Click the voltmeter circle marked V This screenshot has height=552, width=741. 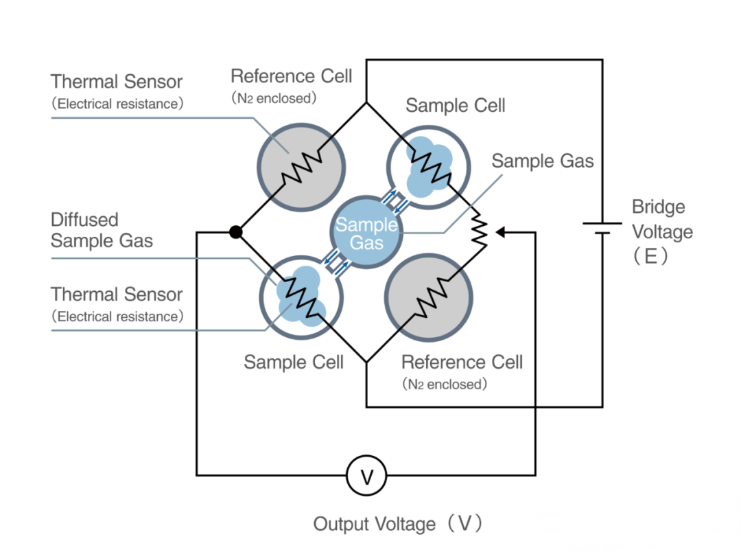[x=366, y=475]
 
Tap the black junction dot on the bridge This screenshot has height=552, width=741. [x=236, y=232]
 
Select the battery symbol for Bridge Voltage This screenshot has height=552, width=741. [x=602, y=228]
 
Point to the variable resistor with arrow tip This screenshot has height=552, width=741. [x=480, y=233]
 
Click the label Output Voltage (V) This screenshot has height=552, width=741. [x=398, y=525]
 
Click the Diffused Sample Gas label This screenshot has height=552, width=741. [x=102, y=230]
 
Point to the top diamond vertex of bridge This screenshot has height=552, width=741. [x=366, y=103]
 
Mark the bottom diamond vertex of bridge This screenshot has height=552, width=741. [x=366, y=362]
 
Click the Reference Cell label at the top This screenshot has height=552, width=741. [x=291, y=76]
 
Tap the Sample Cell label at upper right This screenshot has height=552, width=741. [x=456, y=106]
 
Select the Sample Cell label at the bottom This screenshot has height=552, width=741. [x=294, y=363]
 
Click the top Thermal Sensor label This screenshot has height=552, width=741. [x=117, y=82]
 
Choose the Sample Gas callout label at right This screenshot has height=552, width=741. [x=542, y=161]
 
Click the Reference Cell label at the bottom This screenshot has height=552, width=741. [x=462, y=363]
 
